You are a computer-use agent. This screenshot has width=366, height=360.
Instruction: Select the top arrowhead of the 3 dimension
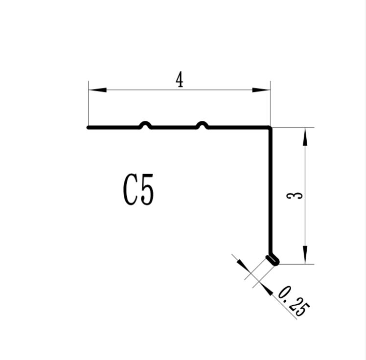(x=305, y=137)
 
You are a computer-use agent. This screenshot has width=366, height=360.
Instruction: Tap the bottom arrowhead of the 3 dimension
(x=305, y=255)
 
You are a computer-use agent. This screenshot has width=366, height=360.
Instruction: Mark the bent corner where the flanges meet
(x=269, y=128)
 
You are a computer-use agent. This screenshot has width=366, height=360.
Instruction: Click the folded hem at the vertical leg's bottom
(x=273, y=260)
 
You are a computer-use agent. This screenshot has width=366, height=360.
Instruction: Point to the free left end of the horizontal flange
(x=89, y=128)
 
